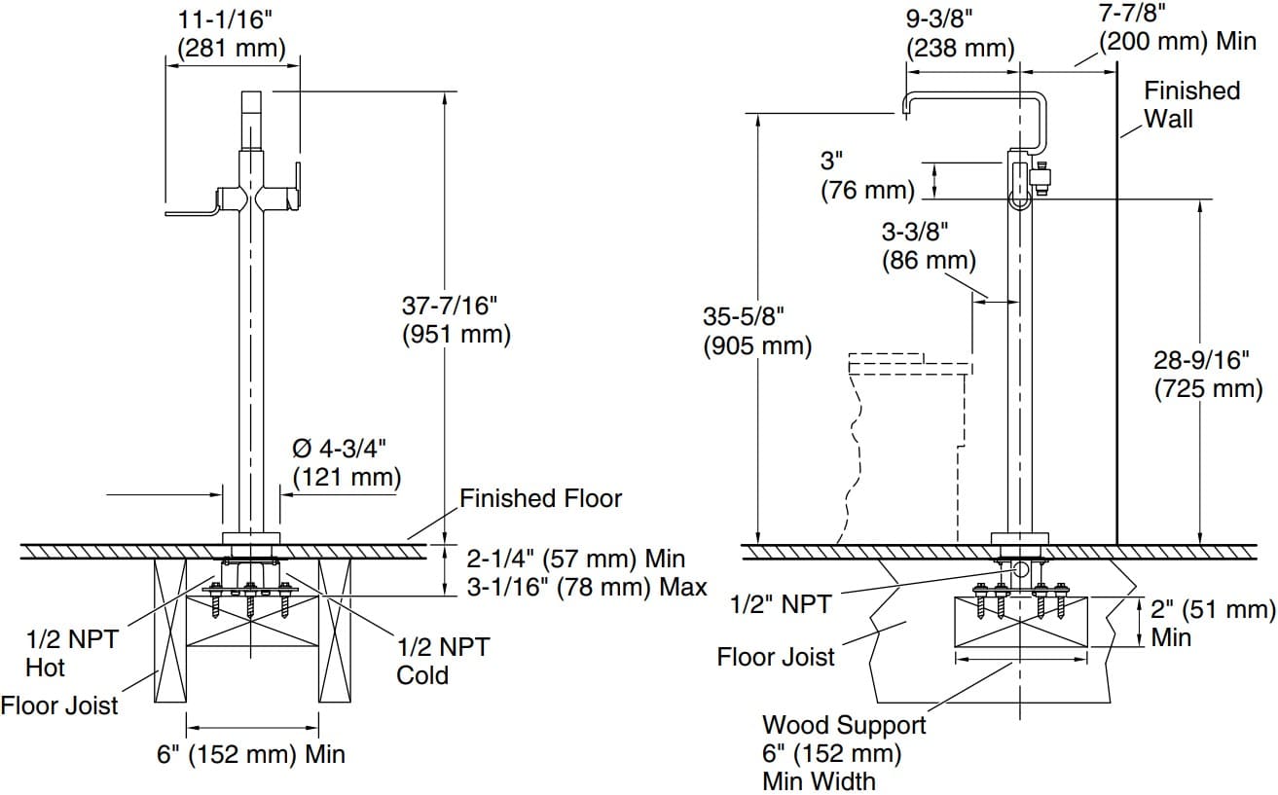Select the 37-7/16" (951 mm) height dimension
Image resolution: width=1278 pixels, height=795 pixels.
pos(456,319)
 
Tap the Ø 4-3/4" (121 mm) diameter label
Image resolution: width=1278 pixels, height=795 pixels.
pos(347,462)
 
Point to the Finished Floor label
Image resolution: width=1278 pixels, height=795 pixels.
pos(540,499)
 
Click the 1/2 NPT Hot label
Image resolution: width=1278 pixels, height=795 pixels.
pos(71,653)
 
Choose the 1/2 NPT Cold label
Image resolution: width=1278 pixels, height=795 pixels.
pos(442,661)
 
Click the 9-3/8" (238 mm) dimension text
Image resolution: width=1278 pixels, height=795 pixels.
pos(960,33)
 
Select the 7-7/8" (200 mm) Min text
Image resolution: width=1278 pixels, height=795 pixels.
pos(1177,27)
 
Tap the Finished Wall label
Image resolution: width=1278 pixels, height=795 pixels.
pos(1191,104)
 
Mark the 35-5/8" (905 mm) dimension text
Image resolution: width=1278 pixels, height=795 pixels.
pos(757,331)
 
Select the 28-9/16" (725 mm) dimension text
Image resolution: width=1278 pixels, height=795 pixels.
pos(1207,374)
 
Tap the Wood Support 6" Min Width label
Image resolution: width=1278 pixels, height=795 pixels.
pos(843,752)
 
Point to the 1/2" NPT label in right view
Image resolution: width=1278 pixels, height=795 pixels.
pos(781,604)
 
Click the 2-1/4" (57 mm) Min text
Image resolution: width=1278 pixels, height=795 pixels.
pos(576,560)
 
